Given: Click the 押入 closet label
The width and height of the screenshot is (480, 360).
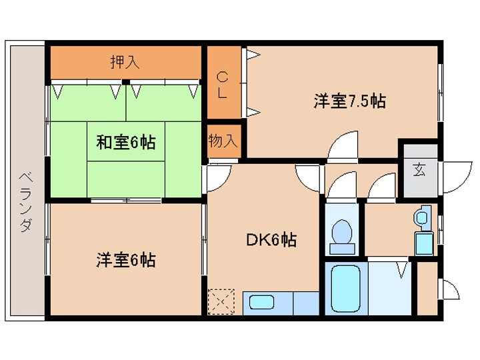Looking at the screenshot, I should [x=125, y=62].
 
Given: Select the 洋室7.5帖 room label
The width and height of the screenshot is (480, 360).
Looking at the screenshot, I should [x=350, y=101].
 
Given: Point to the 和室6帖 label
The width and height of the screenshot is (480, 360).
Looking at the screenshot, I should [x=126, y=142].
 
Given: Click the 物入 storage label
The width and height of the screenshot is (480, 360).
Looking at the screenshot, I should [x=223, y=141].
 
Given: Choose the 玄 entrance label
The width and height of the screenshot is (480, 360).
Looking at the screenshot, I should [x=419, y=169].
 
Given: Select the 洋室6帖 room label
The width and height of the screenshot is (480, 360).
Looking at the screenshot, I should [x=126, y=259].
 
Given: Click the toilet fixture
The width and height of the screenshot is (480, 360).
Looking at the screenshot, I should [x=343, y=235].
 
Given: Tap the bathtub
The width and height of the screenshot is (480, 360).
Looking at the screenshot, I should [x=346, y=289].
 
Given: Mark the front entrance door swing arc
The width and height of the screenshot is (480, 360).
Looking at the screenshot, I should [x=454, y=175].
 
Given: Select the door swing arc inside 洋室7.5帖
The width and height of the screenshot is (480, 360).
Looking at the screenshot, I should [x=344, y=146].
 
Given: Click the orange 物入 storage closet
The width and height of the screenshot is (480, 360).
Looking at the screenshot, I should [x=223, y=141].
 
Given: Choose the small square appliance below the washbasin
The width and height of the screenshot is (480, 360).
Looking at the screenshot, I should [x=423, y=243].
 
